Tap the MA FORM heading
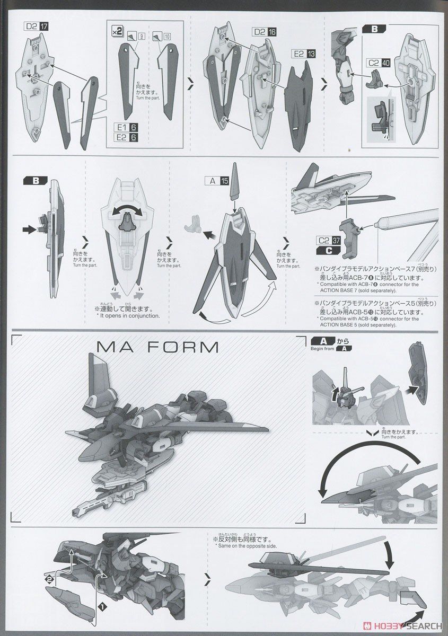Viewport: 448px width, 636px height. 159,348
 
